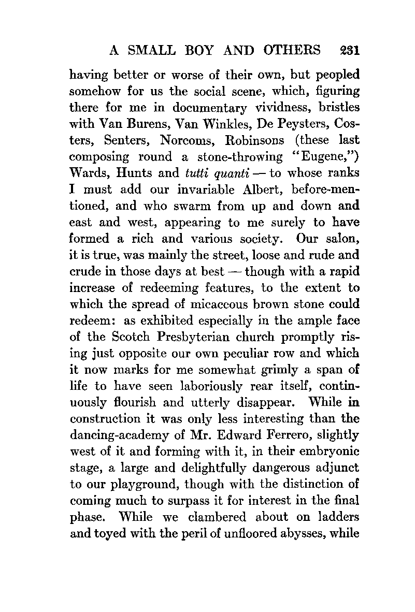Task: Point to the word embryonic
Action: coord(332,451)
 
